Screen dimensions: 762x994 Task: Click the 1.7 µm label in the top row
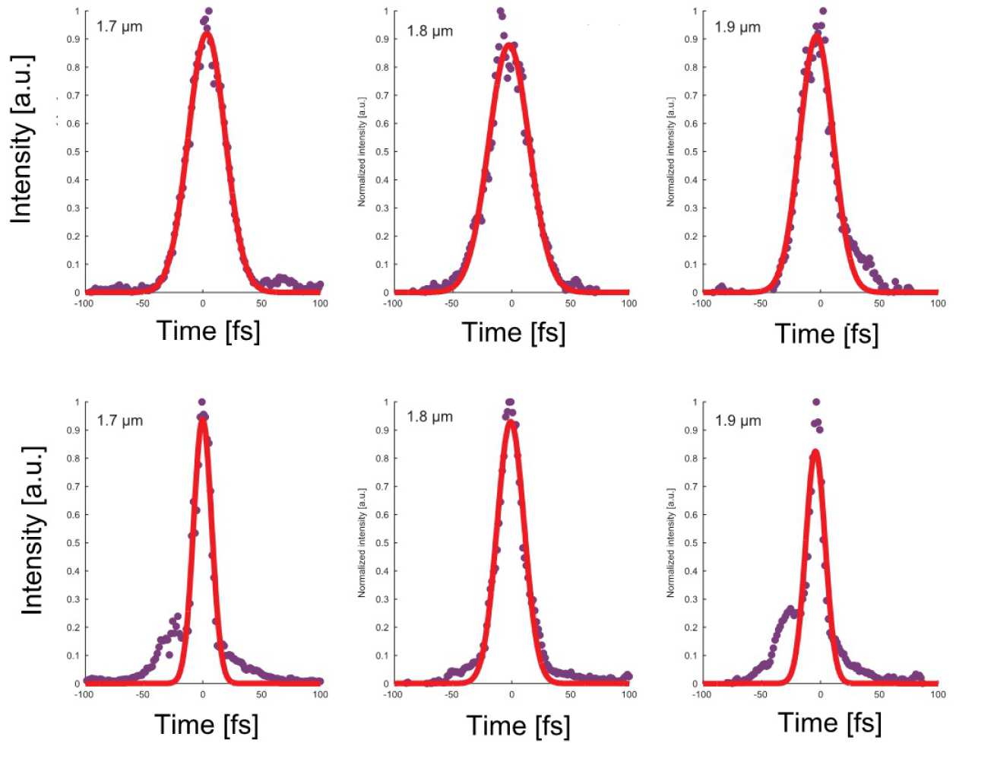tap(119, 27)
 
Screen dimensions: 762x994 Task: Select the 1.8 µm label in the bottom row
tap(429, 417)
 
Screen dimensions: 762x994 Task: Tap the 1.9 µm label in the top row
tap(737, 27)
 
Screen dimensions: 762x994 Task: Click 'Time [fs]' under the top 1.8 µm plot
tap(514, 332)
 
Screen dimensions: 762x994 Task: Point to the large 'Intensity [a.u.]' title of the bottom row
tap(32, 530)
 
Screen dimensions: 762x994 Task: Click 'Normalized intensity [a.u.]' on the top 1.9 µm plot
tap(670, 152)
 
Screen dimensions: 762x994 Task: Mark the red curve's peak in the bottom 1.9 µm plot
tap(815, 452)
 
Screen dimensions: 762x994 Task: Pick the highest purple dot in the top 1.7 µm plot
tap(209, 11)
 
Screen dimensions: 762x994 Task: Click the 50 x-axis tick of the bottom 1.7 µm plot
tap(261, 694)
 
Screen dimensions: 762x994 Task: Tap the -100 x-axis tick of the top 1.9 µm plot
tap(701, 303)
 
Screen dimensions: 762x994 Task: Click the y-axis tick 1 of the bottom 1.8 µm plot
tap(386, 402)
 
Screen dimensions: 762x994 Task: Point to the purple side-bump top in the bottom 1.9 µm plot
tap(790, 609)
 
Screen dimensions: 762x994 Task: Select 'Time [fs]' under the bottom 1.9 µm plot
tap(830, 722)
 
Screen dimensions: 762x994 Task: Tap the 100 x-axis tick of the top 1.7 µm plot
tap(320, 303)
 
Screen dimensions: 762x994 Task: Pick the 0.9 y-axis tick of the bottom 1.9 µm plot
tap(692, 430)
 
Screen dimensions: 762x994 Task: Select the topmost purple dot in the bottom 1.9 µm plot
tap(816, 402)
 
